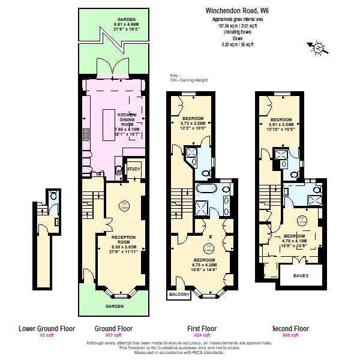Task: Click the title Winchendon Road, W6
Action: pyautogui.click(x=238, y=10)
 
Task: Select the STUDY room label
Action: pyautogui.click(x=133, y=170)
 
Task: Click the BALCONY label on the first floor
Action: pyautogui.click(x=178, y=295)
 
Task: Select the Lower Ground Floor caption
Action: pyautogui.click(x=46, y=328)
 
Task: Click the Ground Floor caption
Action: pyautogui.click(x=113, y=328)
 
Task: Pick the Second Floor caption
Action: pyautogui.click(x=290, y=328)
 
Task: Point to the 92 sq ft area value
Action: pyautogui.click(x=46, y=335)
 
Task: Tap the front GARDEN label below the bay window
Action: pyautogui.click(x=114, y=306)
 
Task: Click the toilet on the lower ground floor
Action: pyautogui.click(x=53, y=196)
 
